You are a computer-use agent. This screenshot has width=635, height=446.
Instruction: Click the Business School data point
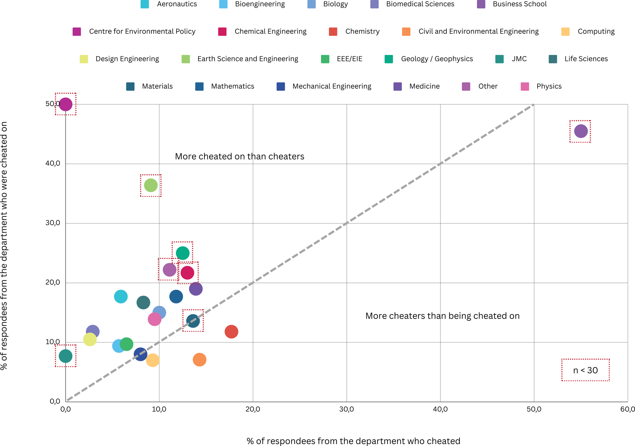(581, 131)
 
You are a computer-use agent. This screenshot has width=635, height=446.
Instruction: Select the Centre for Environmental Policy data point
(65, 104)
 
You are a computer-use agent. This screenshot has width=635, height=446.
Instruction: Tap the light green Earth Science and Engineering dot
(151, 185)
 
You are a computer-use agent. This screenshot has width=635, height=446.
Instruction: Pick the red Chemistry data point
(231, 332)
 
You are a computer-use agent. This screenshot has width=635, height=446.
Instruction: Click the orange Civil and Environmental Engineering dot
(199, 360)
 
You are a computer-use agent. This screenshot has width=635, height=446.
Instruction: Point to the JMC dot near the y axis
(65, 356)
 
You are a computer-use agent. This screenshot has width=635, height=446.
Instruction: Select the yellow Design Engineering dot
(90, 339)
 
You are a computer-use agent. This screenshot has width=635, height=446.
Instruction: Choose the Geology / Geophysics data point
(183, 253)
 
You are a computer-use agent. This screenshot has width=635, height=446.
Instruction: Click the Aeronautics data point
(121, 296)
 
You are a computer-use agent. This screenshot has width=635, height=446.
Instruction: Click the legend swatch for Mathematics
(199, 86)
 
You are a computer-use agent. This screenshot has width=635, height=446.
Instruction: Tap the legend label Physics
(549, 86)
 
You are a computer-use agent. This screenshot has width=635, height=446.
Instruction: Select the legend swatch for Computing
(565, 31)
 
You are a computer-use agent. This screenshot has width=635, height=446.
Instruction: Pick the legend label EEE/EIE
(350, 59)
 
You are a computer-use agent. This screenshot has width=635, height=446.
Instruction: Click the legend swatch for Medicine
(398, 86)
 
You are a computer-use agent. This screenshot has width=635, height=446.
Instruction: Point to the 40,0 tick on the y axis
(53, 164)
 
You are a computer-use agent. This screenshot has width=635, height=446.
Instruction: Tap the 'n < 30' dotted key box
(585, 370)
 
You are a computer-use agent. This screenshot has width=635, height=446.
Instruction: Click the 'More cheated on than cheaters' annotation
(239, 156)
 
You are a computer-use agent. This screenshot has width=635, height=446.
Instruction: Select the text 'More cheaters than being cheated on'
(442, 316)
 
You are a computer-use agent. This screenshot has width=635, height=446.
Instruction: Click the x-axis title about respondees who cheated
(353, 441)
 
